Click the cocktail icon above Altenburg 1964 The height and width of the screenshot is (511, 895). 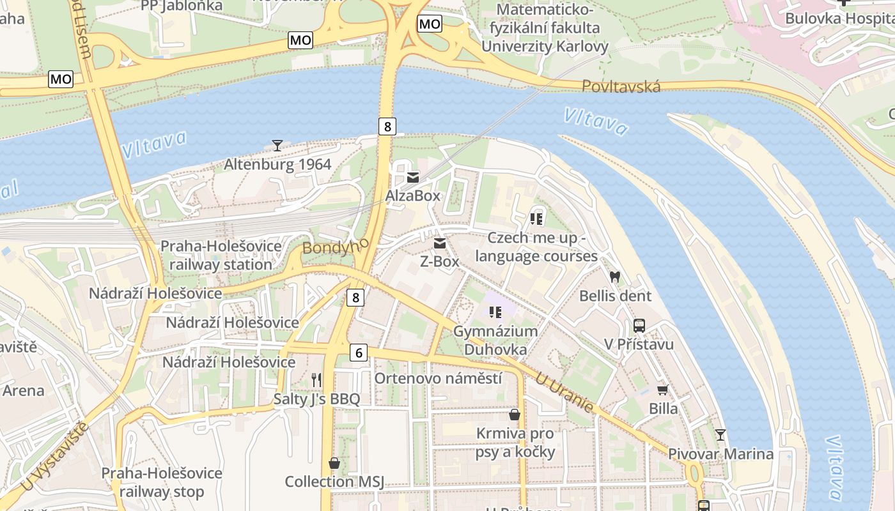pos(277,146)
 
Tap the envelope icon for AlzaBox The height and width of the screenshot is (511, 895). pos(413,178)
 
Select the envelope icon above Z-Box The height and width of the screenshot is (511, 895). pos(440,243)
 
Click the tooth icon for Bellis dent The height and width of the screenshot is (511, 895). pos(615,277)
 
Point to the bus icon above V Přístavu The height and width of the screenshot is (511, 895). pos(639,326)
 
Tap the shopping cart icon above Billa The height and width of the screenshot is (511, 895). pos(663,390)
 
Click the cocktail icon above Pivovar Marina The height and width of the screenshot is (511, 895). pos(720,435)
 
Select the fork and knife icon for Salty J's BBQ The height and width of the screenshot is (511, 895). pos(316,380)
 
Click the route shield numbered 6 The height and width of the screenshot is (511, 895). pos(359,352)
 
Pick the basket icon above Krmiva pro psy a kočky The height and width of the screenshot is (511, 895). pos(515,415)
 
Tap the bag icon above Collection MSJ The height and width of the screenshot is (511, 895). pos(334,463)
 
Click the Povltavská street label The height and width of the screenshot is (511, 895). pos(621,86)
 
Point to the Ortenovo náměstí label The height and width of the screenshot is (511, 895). pos(438,378)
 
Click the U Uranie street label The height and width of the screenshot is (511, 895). pos(564,393)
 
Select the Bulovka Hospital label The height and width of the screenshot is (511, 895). pos(839,18)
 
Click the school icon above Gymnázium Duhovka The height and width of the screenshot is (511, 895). pos(495,312)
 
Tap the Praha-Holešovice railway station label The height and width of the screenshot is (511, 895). pos(221,255)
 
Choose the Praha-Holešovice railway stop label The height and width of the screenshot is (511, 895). pos(162,482)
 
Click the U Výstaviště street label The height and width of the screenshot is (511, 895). pos(54,457)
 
